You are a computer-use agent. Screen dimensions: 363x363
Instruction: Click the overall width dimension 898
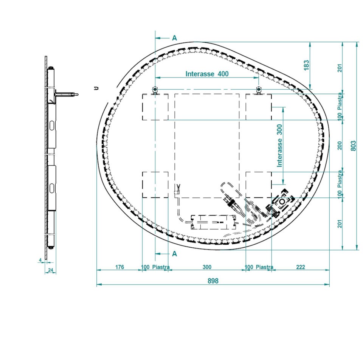(x=213, y=281)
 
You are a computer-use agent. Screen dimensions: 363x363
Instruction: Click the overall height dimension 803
(x=353, y=146)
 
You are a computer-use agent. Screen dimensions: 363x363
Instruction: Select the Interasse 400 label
(x=207, y=74)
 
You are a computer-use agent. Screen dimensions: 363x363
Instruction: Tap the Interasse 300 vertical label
(x=280, y=146)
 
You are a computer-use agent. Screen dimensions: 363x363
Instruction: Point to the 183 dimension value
(x=306, y=65)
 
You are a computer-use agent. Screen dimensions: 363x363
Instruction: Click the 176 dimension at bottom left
(x=119, y=267)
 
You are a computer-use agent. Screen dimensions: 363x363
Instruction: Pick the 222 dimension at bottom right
(x=301, y=267)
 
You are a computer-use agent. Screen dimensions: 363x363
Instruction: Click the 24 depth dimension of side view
(x=50, y=270)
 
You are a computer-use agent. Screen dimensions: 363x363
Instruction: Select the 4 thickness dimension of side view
(x=40, y=260)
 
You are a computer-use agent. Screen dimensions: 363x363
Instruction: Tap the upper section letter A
(x=175, y=38)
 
